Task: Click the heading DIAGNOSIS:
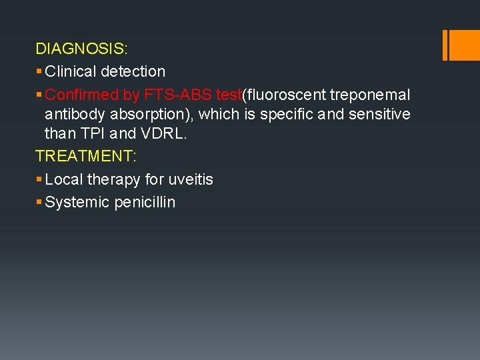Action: coord(82,49)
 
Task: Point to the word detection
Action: coord(133,71)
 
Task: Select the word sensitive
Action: coord(379,114)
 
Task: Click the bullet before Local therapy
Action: coord(39,179)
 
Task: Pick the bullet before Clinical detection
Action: coord(39,71)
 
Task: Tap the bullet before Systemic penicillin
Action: coord(39,201)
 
